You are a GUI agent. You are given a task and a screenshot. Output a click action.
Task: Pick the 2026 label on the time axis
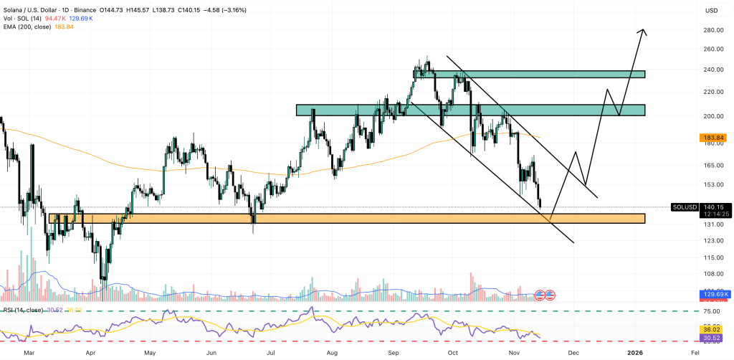pos(637,354)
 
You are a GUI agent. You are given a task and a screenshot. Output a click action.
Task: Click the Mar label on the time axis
pos(29,354)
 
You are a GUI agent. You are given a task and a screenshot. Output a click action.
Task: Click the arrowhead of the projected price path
pos(644,32)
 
